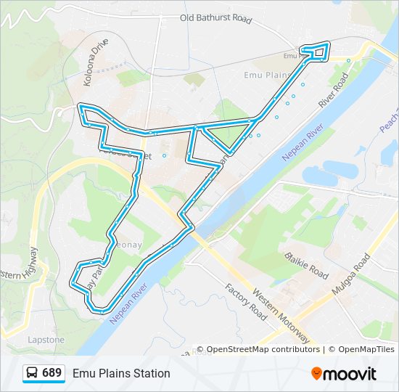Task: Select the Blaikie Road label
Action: pos(307,266)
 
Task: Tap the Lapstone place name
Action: pos(46,340)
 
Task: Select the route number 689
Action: pos(52,372)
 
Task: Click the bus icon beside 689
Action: pos(33,373)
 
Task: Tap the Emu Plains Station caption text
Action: pos(121,373)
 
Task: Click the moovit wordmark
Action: pos(350,374)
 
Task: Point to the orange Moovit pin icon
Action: pos(317,373)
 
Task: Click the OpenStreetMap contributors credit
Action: pos(263,349)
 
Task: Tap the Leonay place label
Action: pos(126,245)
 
